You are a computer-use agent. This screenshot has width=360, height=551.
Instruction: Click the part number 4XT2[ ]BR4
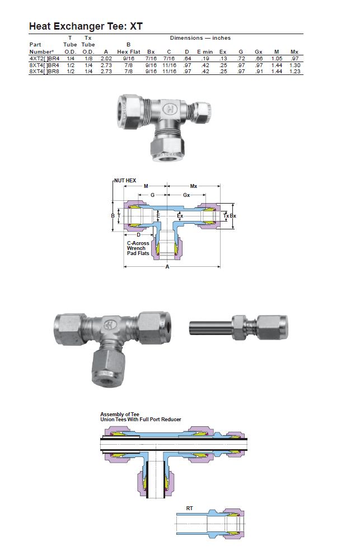click(44, 59)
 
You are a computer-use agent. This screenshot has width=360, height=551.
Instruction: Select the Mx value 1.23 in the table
click(294, 72)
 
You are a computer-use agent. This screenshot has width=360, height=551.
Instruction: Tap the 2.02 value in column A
click(106, 59)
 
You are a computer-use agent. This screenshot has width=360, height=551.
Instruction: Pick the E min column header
click(205, 51)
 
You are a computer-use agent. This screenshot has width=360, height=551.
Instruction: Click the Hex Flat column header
click(129, 51)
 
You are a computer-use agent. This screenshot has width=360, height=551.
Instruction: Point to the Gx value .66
click(259, 59)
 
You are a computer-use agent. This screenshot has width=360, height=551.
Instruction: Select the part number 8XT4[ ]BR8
click(44, 72)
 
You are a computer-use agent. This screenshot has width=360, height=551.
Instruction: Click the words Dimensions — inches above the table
click(200, 38)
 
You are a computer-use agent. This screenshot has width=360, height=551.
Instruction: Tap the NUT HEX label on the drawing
click(125, 180)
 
